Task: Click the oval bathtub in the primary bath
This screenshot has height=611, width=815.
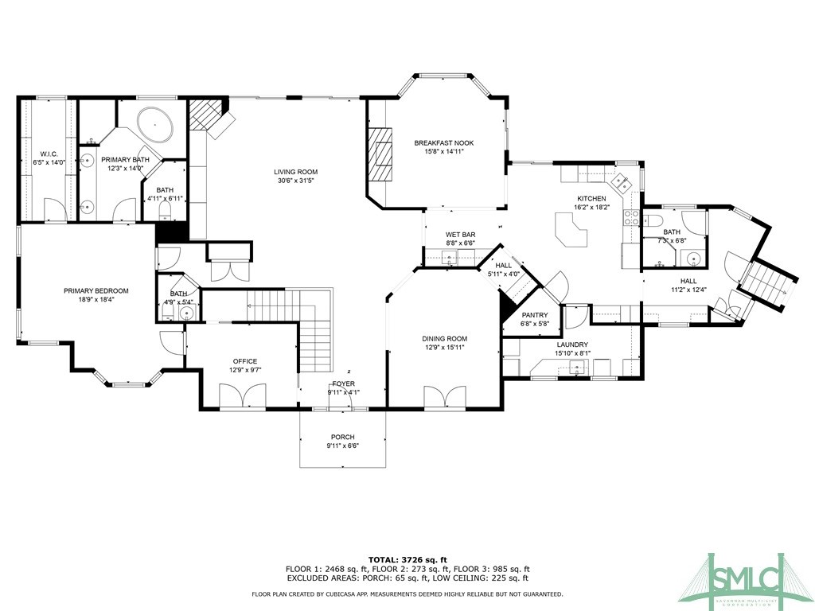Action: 155,125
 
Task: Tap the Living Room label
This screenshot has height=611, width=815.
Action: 296,172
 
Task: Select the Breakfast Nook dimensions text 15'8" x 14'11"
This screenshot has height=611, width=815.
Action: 444,152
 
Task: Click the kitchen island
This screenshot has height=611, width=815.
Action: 571,230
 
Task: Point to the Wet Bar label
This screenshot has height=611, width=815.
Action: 461,235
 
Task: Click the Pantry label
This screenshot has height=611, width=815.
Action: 535,315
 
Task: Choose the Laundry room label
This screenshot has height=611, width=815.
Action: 572,344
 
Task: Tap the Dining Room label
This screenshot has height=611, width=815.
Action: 444,339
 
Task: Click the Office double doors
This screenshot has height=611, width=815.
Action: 243,396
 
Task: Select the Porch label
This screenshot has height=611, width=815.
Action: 342,437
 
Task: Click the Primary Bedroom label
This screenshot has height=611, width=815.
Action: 96,291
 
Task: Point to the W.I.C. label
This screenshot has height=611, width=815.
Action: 49,154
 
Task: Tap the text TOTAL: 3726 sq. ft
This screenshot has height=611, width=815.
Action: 407,559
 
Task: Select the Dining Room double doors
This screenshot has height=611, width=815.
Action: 444,397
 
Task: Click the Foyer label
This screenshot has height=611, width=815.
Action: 344,384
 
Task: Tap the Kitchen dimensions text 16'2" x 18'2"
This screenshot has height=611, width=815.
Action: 591,207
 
